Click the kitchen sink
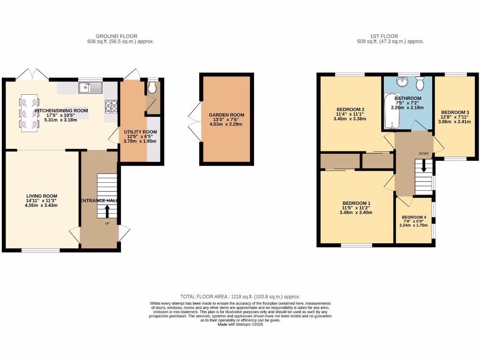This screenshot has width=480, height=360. click(x=90, y=87)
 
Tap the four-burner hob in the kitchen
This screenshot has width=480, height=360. click(x=111, y=106)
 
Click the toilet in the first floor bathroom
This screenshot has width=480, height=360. click(x=420, y=83)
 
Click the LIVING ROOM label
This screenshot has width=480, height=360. click(x=41, y=196)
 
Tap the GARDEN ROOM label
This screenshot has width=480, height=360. click(x=226, y=115)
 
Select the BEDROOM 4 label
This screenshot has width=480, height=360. click(x=414, y=217)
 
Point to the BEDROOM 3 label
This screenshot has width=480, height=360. click(x=454, y=112)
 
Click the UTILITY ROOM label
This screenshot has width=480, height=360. click(x=140, y=132)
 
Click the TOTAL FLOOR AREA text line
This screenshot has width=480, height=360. click(x=240, y=297)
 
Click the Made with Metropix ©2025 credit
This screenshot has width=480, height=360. click(x=240, y=324)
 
